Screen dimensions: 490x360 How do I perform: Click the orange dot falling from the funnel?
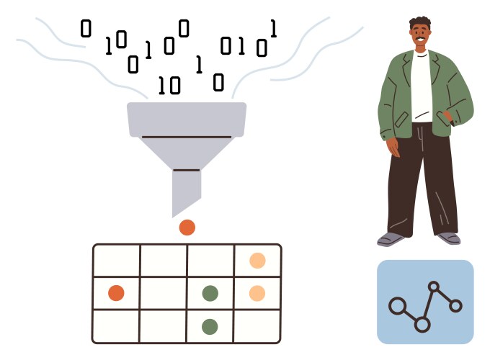pos(187,228)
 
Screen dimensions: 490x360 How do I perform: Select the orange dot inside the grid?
pos(116,293)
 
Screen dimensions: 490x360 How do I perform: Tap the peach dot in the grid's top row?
pos(257,261)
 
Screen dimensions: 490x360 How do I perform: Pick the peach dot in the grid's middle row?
pos(257,293)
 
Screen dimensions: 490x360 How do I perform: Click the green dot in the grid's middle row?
pos(210,293)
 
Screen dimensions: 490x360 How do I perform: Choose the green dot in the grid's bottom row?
pos(210,327)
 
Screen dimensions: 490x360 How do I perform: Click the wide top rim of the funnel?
pos(187,120)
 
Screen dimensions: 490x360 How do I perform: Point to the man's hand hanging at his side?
pos(393,147)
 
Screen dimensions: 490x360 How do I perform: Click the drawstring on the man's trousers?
pos(422,138)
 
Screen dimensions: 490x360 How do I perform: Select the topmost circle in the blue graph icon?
pos(434,287)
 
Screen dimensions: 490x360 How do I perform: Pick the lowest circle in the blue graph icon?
pos(422,325)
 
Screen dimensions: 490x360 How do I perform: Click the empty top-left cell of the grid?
pos(117,261)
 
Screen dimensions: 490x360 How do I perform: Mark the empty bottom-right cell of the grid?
pos(257,326)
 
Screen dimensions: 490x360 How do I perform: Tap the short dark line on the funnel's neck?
pos(186,170)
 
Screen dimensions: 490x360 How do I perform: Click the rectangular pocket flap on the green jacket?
pos(401,120)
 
